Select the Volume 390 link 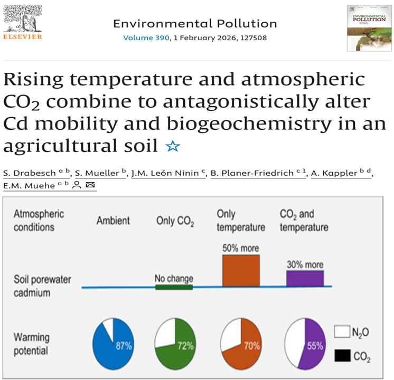click(146, 38)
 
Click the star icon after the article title click(172, 146)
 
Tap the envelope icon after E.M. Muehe click(90, 185)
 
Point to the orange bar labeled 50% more click(241, 271)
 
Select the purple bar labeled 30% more click(305, 278)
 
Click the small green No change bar click(173, 287)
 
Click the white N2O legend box click(342, 331)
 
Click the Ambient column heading click(113, 221)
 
